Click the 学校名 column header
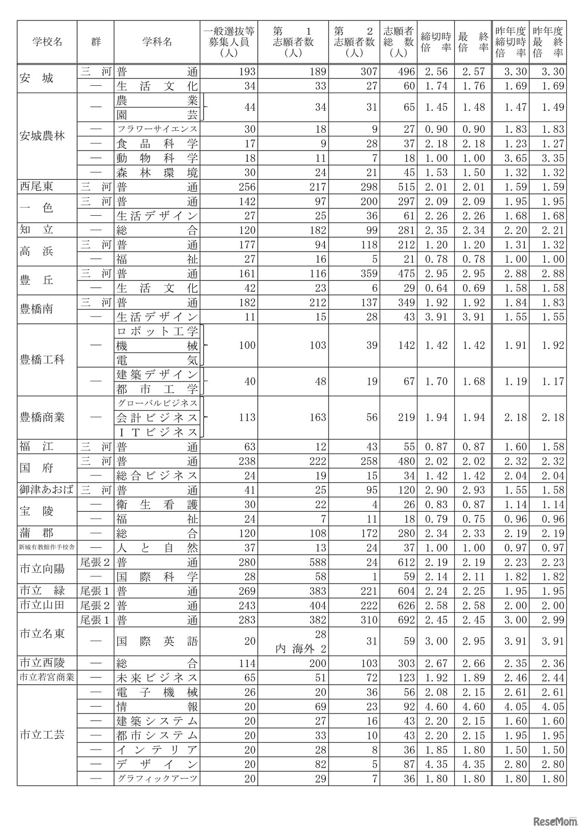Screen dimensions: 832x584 47,42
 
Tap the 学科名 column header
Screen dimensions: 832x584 157,42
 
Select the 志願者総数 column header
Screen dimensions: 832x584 398,42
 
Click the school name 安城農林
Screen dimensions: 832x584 42,136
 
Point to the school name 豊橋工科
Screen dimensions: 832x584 42,360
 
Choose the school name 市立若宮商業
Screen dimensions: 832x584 47,678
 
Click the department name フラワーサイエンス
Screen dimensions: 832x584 157,129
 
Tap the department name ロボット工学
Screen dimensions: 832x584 157,332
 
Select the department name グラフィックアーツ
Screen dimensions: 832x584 157,779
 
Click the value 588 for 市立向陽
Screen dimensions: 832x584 318,562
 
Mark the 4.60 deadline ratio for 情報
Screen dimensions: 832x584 436,707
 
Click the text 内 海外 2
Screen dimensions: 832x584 301,648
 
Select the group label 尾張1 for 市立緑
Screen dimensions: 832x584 95,591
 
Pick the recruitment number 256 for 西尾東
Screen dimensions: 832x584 247,187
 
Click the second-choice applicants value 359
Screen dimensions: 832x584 369,274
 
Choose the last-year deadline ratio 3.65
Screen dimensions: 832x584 515,158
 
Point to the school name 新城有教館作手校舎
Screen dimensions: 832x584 47,548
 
